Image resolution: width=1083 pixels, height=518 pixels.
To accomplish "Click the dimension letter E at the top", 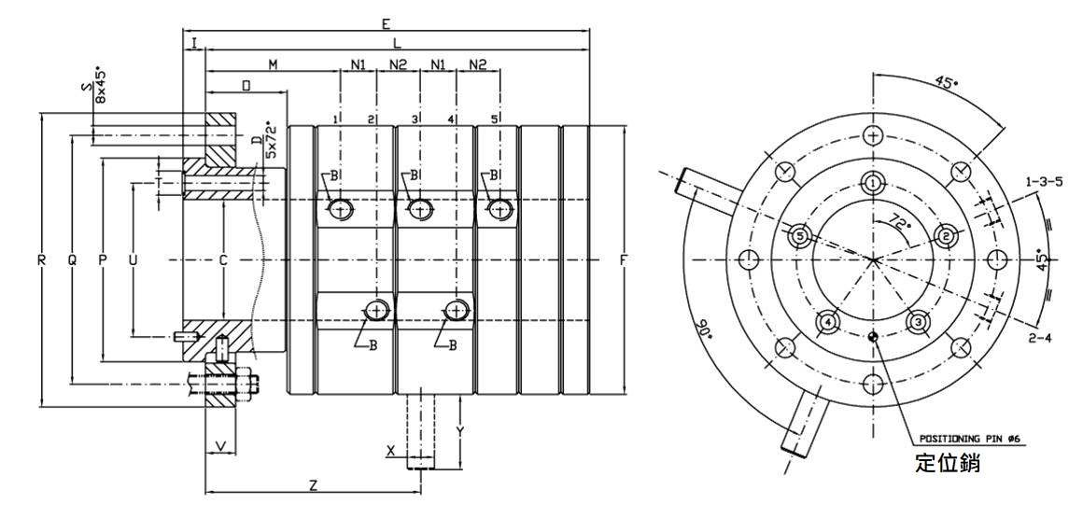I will (386, 23).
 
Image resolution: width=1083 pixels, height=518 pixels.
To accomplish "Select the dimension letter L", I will (398, 43).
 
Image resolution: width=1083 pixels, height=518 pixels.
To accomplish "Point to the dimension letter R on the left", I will (42, 261).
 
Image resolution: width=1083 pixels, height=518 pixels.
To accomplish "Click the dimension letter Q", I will (72, 261).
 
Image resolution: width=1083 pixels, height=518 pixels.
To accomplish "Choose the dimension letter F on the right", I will (623, 260).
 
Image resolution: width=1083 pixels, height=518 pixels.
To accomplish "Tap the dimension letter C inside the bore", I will (223, 261).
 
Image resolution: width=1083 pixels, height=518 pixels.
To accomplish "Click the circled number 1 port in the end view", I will (872, 184).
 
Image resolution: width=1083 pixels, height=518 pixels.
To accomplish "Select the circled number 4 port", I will (827, 323).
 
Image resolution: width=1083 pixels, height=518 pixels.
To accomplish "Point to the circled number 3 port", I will (918, 323).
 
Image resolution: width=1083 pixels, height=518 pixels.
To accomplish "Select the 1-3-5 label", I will (1044, 181).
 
